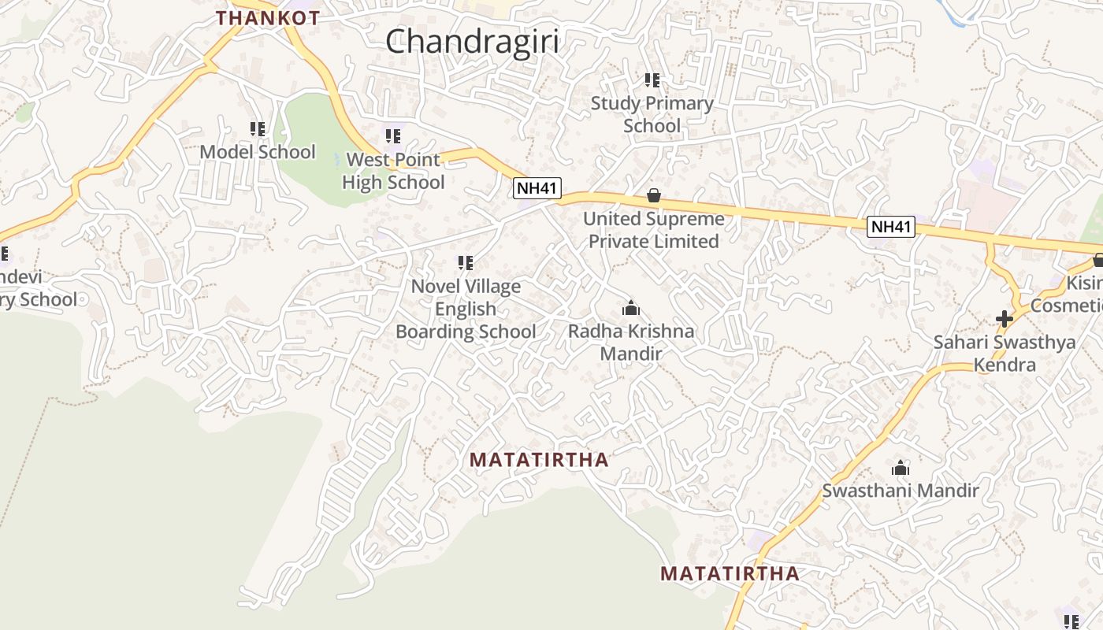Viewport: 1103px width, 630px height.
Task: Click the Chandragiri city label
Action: [x=472, y=41]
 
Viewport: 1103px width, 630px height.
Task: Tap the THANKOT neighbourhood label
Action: [x=268, y=17]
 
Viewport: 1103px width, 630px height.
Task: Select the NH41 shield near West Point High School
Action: [x=537, y=188]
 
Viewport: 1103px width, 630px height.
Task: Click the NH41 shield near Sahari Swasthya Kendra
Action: [x=891, y=228]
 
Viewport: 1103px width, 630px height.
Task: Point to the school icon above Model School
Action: [x=257, y=128]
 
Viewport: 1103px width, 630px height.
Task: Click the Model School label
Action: [x=257, y=152]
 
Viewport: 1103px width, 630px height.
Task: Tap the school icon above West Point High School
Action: [x=393, y=136]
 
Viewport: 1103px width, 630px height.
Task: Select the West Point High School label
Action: [x=393, y=171]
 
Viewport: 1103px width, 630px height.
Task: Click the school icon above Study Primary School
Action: [x=652, y=80]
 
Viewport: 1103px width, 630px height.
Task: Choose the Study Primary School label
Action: [x=652, y=114]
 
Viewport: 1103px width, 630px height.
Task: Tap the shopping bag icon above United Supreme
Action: [x=653, y=195]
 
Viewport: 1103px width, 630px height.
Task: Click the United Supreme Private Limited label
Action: [x=653, y=230]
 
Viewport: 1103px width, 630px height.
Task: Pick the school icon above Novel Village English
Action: [x=465, y=263]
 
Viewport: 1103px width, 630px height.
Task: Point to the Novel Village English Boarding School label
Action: [x=465, y=309]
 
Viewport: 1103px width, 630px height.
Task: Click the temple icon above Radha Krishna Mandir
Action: [x=630, y=308]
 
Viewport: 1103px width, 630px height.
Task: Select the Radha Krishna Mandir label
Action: [x=630, y=343]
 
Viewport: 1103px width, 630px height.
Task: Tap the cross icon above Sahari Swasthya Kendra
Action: [x=1004, y=319]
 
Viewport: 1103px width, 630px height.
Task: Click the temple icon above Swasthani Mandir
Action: [x=900, y=469]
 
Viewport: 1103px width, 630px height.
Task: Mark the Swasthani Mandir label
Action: [x=900, y=491]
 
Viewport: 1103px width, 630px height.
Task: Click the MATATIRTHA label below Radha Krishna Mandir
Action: [x=539, y=460]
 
